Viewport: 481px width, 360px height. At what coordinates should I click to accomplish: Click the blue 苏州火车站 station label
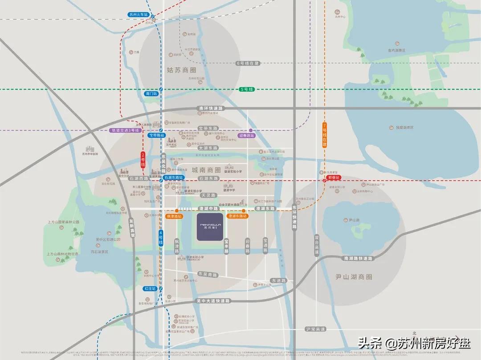(138, 15)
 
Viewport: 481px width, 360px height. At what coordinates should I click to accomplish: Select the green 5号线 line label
(246, 89)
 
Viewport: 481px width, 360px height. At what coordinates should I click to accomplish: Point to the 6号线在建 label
(248, 64)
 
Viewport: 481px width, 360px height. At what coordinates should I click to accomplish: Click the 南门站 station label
(151, 94)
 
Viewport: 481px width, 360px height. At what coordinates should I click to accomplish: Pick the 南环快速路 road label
(212, 109)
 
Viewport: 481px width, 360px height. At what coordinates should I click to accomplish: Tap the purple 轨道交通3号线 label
(125, 131)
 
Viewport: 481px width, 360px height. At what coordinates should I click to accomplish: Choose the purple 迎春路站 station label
(246, 135)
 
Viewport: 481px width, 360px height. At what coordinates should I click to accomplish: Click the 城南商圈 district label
(206, 170)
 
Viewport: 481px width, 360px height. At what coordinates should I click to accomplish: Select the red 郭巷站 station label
(334, 177)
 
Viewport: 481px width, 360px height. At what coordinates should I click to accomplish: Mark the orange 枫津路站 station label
(174, 216)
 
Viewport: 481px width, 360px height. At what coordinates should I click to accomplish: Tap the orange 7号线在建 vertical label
(324, 135)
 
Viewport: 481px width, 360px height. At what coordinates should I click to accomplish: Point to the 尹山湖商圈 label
(353, 276)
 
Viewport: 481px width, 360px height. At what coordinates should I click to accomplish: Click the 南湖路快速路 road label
(358, 258)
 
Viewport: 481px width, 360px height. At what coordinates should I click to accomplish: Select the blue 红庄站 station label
(150, 288)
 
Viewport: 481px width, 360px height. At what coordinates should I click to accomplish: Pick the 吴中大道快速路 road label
(213, 301)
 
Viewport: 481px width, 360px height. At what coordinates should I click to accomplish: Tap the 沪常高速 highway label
(316, 329)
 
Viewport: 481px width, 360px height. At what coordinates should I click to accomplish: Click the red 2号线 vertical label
(143, 160)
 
